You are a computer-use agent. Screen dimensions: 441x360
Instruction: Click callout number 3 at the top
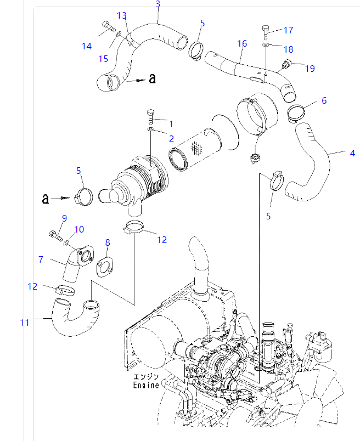pyautogui.click(x=158, y=4)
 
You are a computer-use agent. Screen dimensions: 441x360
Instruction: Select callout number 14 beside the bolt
pyautogui.click(x=87, y=46)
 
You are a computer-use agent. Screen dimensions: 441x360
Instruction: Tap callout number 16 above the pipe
pyautogui.click(x=242, y=43)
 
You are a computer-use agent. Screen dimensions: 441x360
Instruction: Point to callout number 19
pyautogui.click(x=310, y=69)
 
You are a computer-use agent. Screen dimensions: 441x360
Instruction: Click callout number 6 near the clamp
pyautogui.click(x=324, y=100)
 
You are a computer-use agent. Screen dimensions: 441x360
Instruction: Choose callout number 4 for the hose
pyautogui.click(x=352, y=153)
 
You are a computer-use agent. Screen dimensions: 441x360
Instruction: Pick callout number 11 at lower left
pyautogui.click(x=25, y=323)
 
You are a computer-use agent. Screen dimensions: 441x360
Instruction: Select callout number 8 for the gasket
pyautogui.click(x=108, y=242)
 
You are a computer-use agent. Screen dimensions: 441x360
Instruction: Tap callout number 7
pyautogui.click(x=40, y=258)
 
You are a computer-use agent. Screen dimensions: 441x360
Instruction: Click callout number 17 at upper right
pyautogui.click(x=288, y=30)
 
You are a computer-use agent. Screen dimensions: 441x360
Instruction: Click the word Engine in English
pyautogui.click(x=146, y=385)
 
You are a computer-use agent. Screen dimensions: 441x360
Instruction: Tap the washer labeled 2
pyautogui.click(x=150, y=129)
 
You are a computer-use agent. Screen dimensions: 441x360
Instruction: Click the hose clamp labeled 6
pyautogui.click(x=296, y=114)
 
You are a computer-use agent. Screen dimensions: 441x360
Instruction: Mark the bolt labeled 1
pyautogui.click(x=151, y=116)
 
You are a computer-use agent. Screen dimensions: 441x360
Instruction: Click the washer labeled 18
pyautogui.click(x=265, y=44)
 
